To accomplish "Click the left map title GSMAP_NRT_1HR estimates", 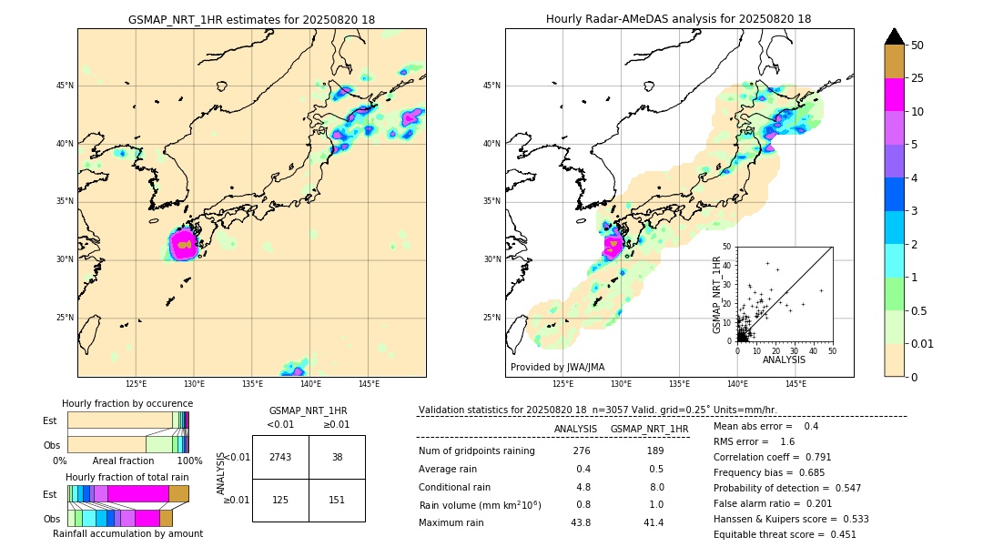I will pyautogui.click(x=251, y=19).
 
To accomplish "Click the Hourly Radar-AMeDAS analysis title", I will pyautogui.click(x=678, y=19).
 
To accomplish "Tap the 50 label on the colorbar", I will pyautogui.click(x=917, y=46).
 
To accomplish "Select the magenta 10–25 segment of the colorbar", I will pyautogui.click(x=894, y=95).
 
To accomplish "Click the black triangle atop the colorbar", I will pyautogui.click(x=894, y=36).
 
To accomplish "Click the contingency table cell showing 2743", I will pyautogui.click(x=280, y=457).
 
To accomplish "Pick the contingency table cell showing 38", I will pyautogui.click(x=337, y=457).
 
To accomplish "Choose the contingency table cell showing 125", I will pyautogui.click(x=280, y=499).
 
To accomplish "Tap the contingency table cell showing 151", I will pyautogui.click(x=337, y=499).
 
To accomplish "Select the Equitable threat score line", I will pyautogui.click(x=785, y=535).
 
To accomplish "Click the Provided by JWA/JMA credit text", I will pyautogui.click(x=557, y=368).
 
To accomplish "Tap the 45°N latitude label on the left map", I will pyautogui.click(x=65, y=86).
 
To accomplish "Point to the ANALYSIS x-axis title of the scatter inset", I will pyautogui.click(x=784, y=360).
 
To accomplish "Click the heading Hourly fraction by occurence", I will pyautogui.click(x=127, y=403).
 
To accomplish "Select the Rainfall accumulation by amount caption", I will pyautogui.click(x=127, y=533).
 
